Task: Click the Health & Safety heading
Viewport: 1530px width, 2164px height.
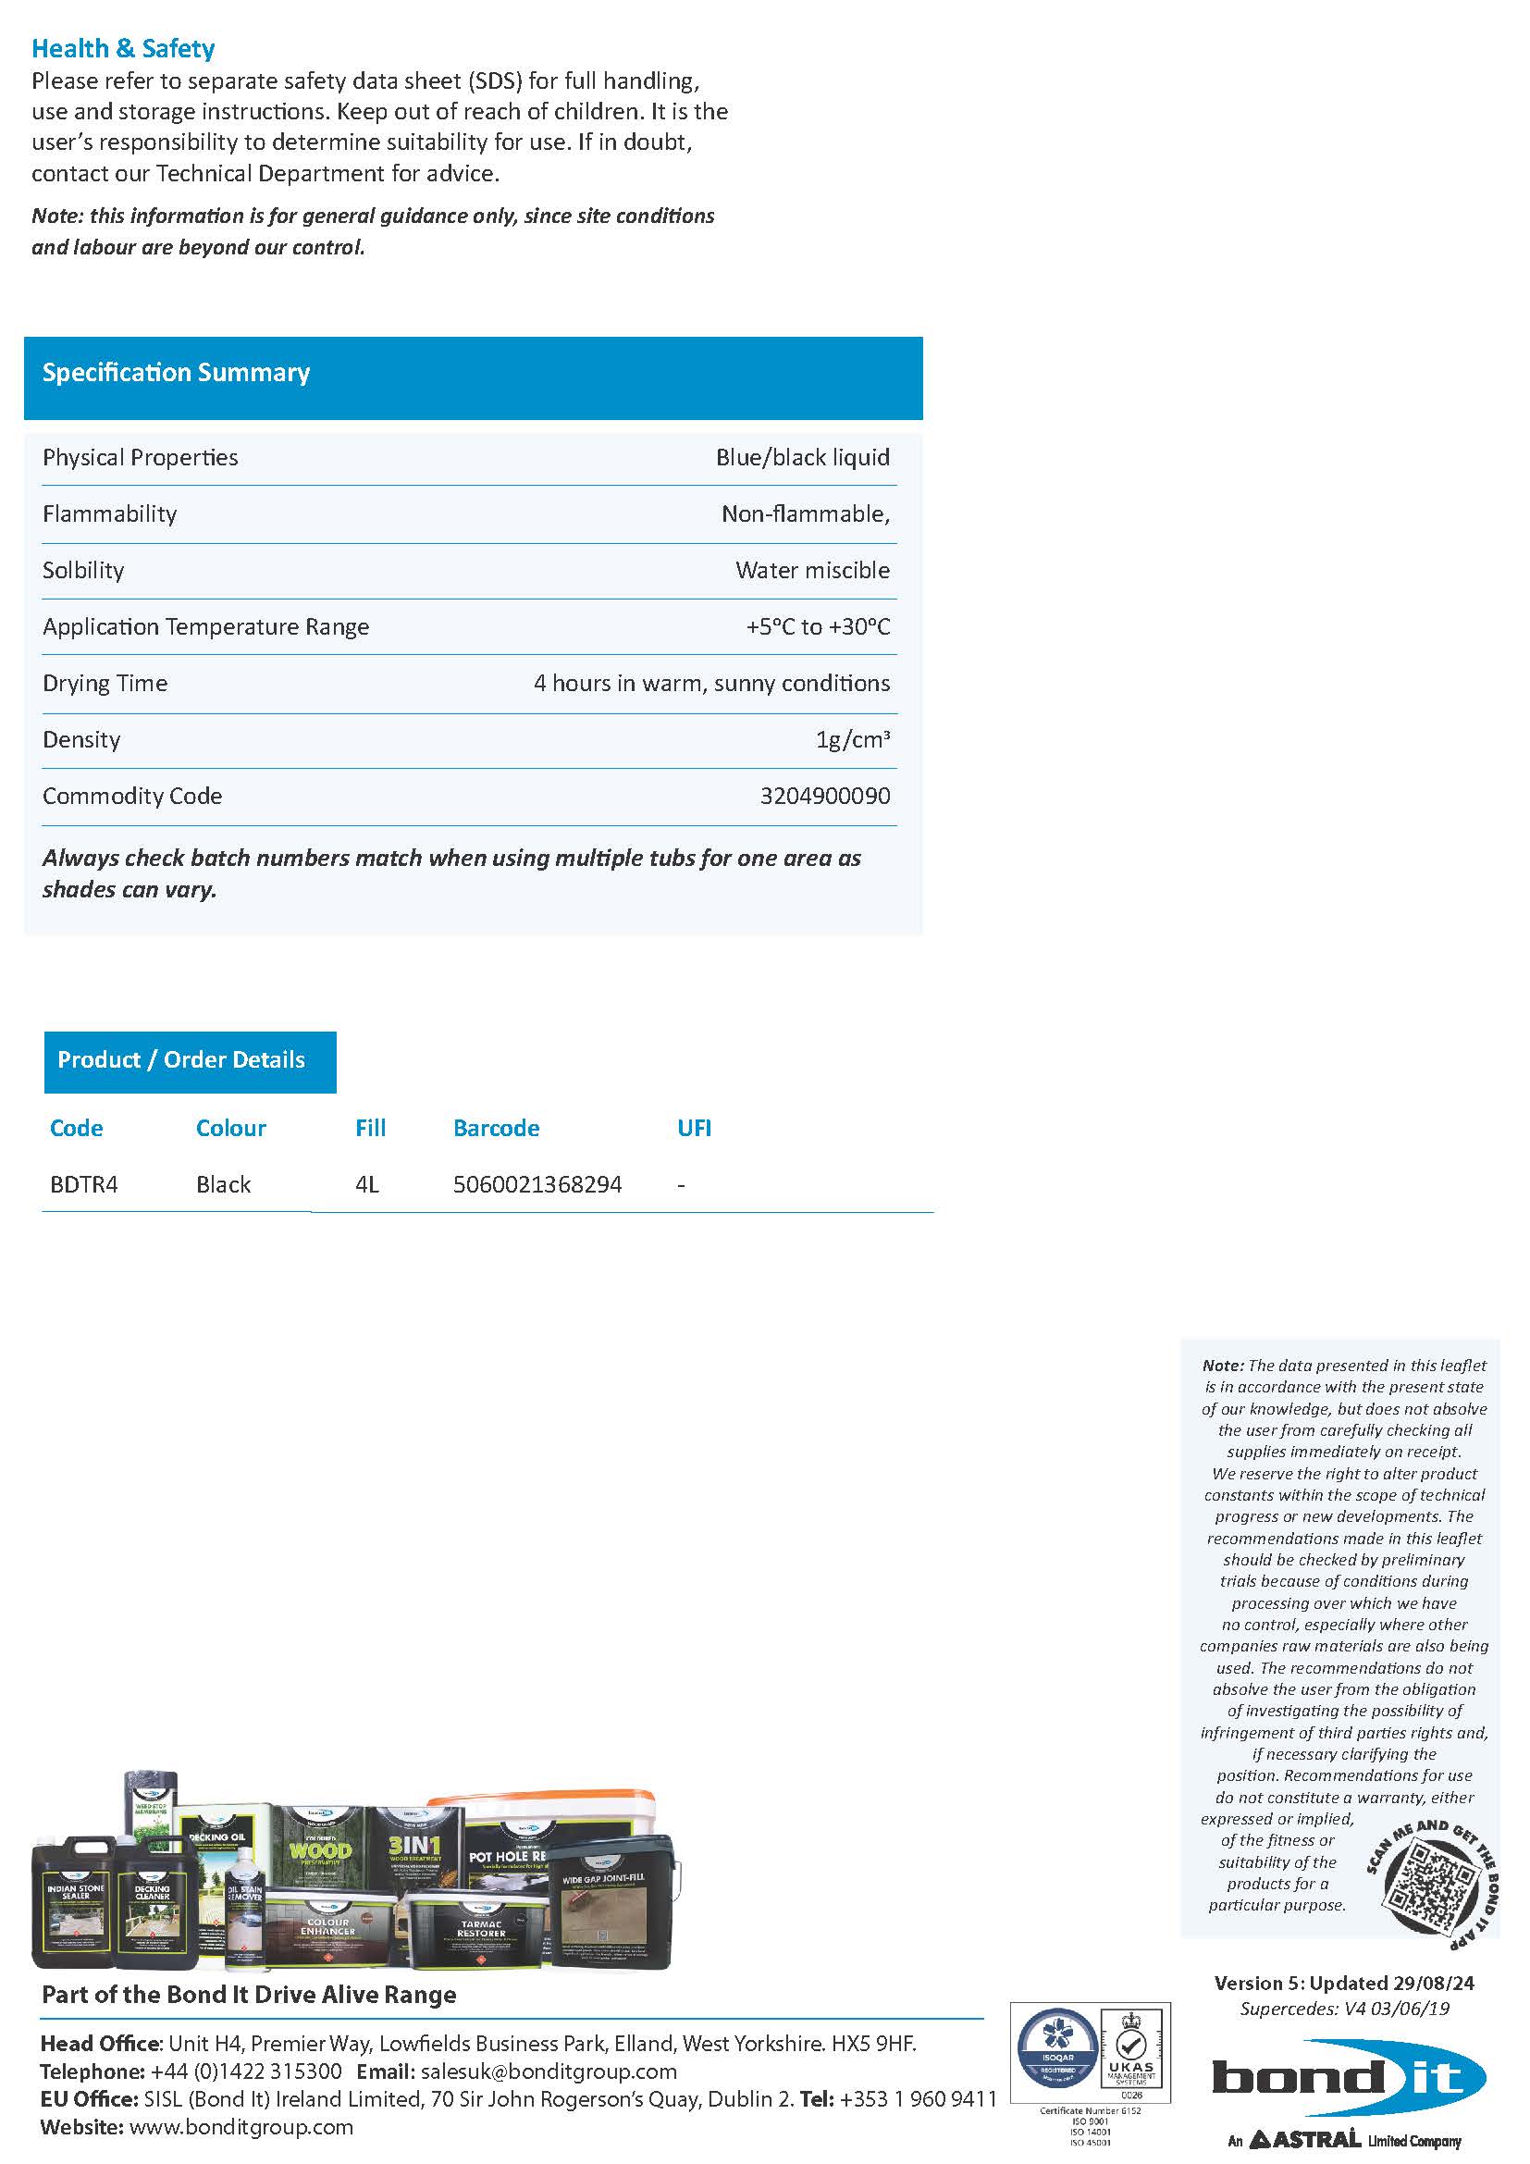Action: pos(122,48)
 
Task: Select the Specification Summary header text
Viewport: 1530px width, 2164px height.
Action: pos(176,372)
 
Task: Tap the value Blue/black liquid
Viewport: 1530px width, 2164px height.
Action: pos(802,457)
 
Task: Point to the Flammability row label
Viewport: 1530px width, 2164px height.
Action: pos(109,513)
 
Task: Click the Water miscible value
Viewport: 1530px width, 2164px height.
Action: pos(812,570)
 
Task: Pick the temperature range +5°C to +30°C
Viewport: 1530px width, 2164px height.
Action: pos(817,626)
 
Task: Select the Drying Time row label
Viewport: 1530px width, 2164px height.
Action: pos(105,684)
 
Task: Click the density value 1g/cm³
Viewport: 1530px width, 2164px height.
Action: pos(852,740)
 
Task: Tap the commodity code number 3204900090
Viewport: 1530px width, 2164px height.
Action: pos(824,797)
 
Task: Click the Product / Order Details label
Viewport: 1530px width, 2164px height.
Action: pos(181,1059)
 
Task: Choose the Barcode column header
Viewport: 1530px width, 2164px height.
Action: pos(496,1128)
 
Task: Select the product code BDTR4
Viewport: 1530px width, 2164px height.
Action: pos(84,1185)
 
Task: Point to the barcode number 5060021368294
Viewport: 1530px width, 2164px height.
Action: pos(537,1185)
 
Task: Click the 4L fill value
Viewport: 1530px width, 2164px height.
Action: pos(366,1185)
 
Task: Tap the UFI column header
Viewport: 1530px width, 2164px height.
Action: pos(694,1128)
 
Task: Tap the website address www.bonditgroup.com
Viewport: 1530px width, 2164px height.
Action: pos(241,2126)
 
